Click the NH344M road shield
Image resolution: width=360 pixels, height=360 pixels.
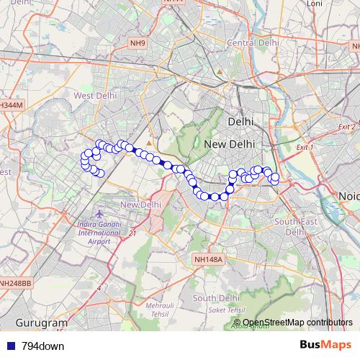click(11, 105)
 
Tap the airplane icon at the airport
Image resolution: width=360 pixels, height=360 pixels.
click(98, 213)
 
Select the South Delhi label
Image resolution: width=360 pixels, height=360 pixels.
click(216, 298)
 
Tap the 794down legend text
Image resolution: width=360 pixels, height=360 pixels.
click(42, 346)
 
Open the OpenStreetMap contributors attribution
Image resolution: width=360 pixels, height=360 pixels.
click(297, 323)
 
